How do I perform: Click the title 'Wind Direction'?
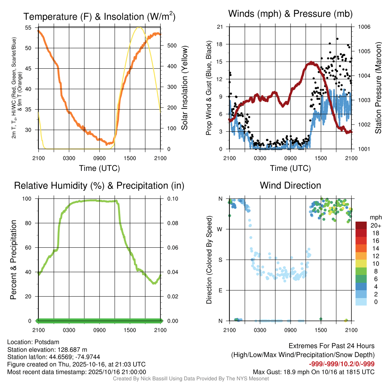pyautogui.click(x=290, y=185)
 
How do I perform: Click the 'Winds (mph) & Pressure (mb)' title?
pyautogui.click(x=290, y=14)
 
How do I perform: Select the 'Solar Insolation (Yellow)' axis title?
pyautogui.click(x=184, y=88)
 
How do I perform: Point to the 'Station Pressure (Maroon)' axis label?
pyautogui.click(x=378, y=88)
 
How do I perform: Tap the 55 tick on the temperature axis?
pyautogui.click(x=28, y=28)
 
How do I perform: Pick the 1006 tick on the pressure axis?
pyautogui.click(x=364, y=27)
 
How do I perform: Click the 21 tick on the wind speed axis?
pyautogui.click(x=220, y=27)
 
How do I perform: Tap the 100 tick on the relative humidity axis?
pyautogui.click(x=27, y=199)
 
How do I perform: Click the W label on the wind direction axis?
pyautogui.click(x=220, y=229)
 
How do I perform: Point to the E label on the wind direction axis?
pyautogui.click(x=220, y=290)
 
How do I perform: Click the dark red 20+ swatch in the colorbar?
pyautogui.click(x=361, y=225)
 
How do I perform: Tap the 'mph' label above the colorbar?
pyautogui.click(x=375, y=217)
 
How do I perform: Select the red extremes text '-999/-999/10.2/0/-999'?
pyautogui.click(x=342, y=364)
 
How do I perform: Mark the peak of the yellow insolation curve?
pyautogui.click(x=139, y=28)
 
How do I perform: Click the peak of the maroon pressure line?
pyautogui.click(x=310, y=63)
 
